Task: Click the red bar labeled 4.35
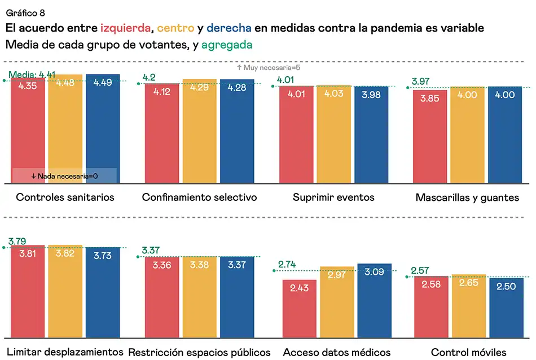coord(28,130)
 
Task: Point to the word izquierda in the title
coord(126,28)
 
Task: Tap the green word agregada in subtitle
coord(226,45)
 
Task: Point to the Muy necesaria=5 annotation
coord(268,68)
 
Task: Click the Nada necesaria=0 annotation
coord(64,176)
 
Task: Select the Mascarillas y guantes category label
coord(467,197)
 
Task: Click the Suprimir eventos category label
coord(333,197)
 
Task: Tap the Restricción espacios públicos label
coord(199,353)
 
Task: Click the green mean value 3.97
coord(421,82)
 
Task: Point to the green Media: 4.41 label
coord(32,74)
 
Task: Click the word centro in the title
coord(176,28)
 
